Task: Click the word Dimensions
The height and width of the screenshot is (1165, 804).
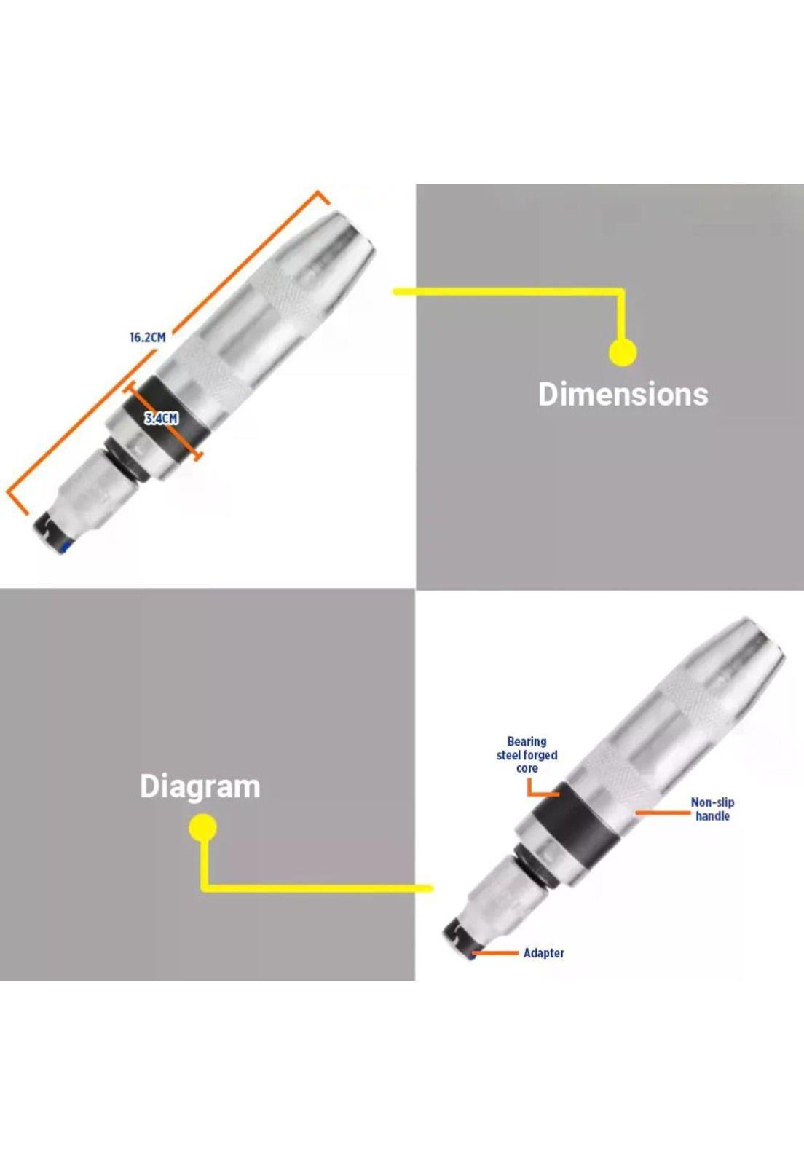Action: (623, 394)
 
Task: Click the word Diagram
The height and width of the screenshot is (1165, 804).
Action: (200, 786)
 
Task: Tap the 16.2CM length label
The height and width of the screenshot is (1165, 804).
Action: (148, 338)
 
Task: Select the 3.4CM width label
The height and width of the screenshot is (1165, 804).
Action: (161, 418)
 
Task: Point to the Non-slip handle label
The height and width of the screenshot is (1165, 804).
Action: (712, 809)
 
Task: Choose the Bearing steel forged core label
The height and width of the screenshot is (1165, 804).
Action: (527, 754)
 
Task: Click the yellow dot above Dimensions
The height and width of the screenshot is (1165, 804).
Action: (623, 352)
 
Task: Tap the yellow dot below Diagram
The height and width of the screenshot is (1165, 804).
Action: (202, 828)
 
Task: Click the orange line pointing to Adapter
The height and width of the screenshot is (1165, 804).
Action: (496, 953)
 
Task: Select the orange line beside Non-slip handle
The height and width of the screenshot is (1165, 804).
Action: (663, 812)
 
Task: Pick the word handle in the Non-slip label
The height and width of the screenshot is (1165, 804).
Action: (712, 816)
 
